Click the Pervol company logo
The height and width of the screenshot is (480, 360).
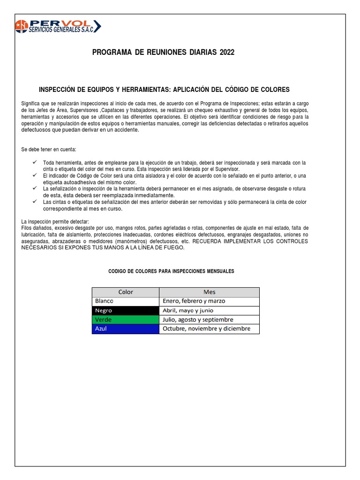tap(58, 26)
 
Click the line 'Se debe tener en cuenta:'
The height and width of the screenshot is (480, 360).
tap(49, 149)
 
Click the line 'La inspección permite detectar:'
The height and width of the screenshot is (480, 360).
tap(55, 221)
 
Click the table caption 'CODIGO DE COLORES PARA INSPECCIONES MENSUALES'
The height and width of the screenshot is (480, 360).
tap(171, 271)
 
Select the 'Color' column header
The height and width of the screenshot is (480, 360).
tap(125, 292)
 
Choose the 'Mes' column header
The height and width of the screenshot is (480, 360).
tap(209, 292)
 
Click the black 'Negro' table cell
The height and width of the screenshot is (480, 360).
tap(125, 310)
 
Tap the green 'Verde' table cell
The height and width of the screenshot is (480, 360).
tap(125, 320)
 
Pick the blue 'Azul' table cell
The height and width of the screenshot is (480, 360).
tap(125, 329)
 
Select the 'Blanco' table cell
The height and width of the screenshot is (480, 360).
tap(125, 301)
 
